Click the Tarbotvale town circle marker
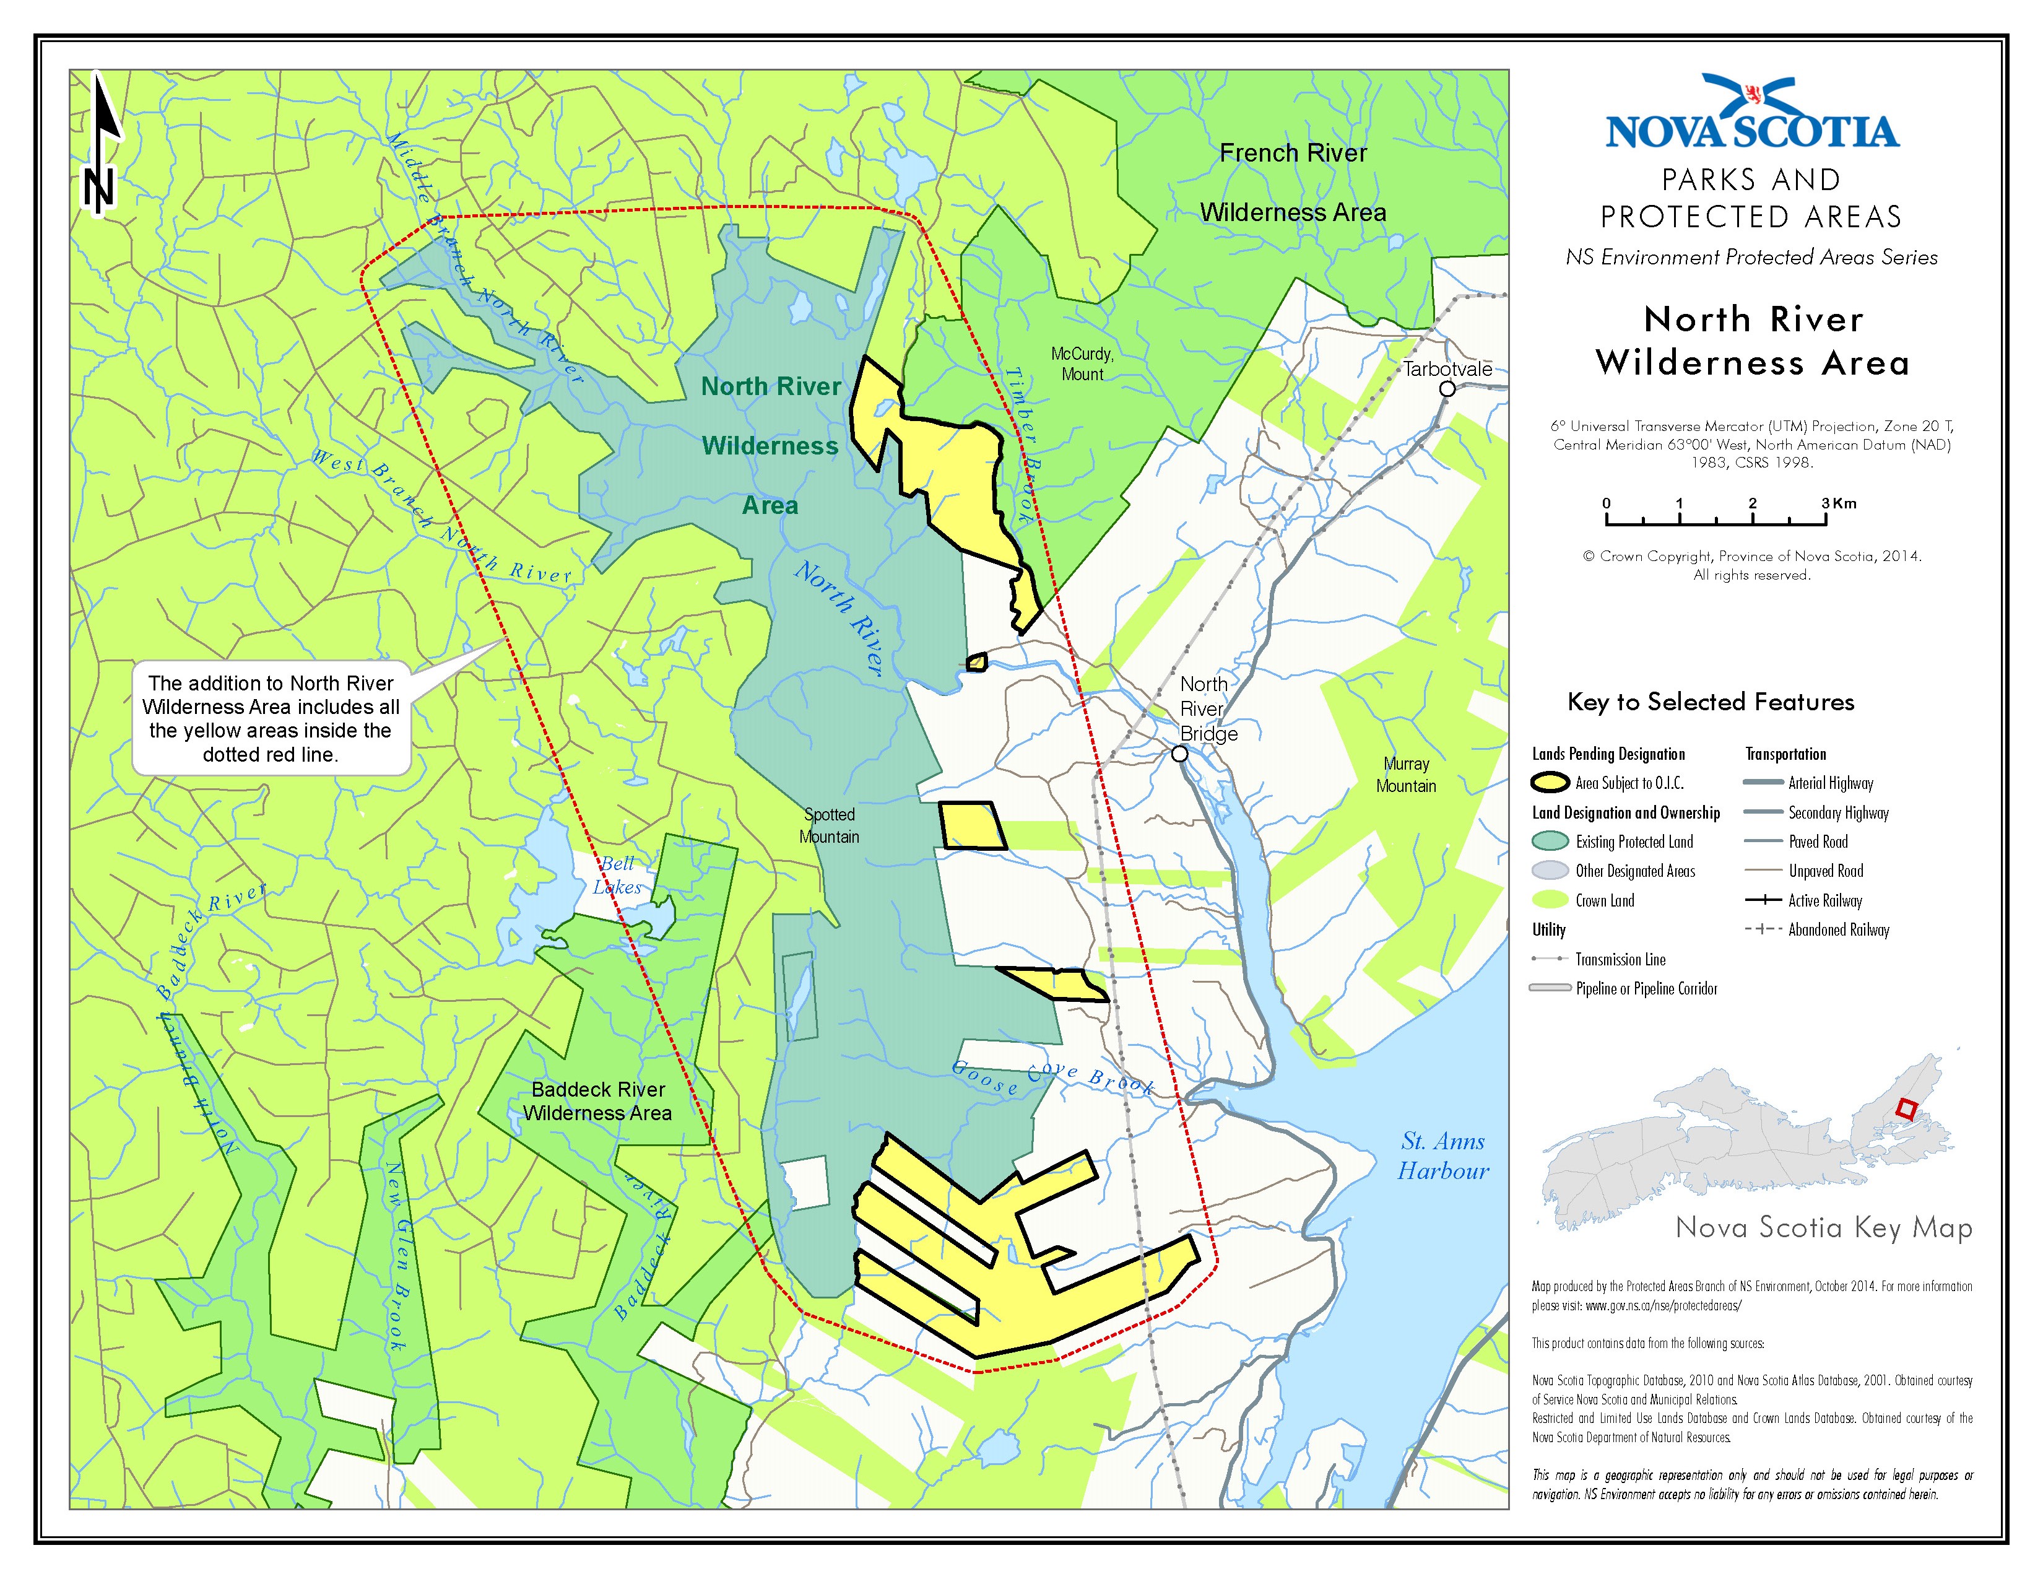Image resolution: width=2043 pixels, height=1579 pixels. [1447, 388]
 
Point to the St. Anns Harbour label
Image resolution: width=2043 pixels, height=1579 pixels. [1442, 1156]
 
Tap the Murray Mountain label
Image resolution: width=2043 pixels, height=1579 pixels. [1406, 775]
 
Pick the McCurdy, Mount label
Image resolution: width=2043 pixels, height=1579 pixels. [1082, 364]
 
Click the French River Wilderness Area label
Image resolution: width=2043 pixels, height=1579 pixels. [1293, 183]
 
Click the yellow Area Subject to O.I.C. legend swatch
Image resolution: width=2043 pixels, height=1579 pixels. [1550, 783]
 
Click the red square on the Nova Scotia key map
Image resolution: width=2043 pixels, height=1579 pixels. [1906, 1110]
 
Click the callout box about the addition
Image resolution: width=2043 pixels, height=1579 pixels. [271, 718]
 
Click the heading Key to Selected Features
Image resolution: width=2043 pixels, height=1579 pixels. [1710, 703]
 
